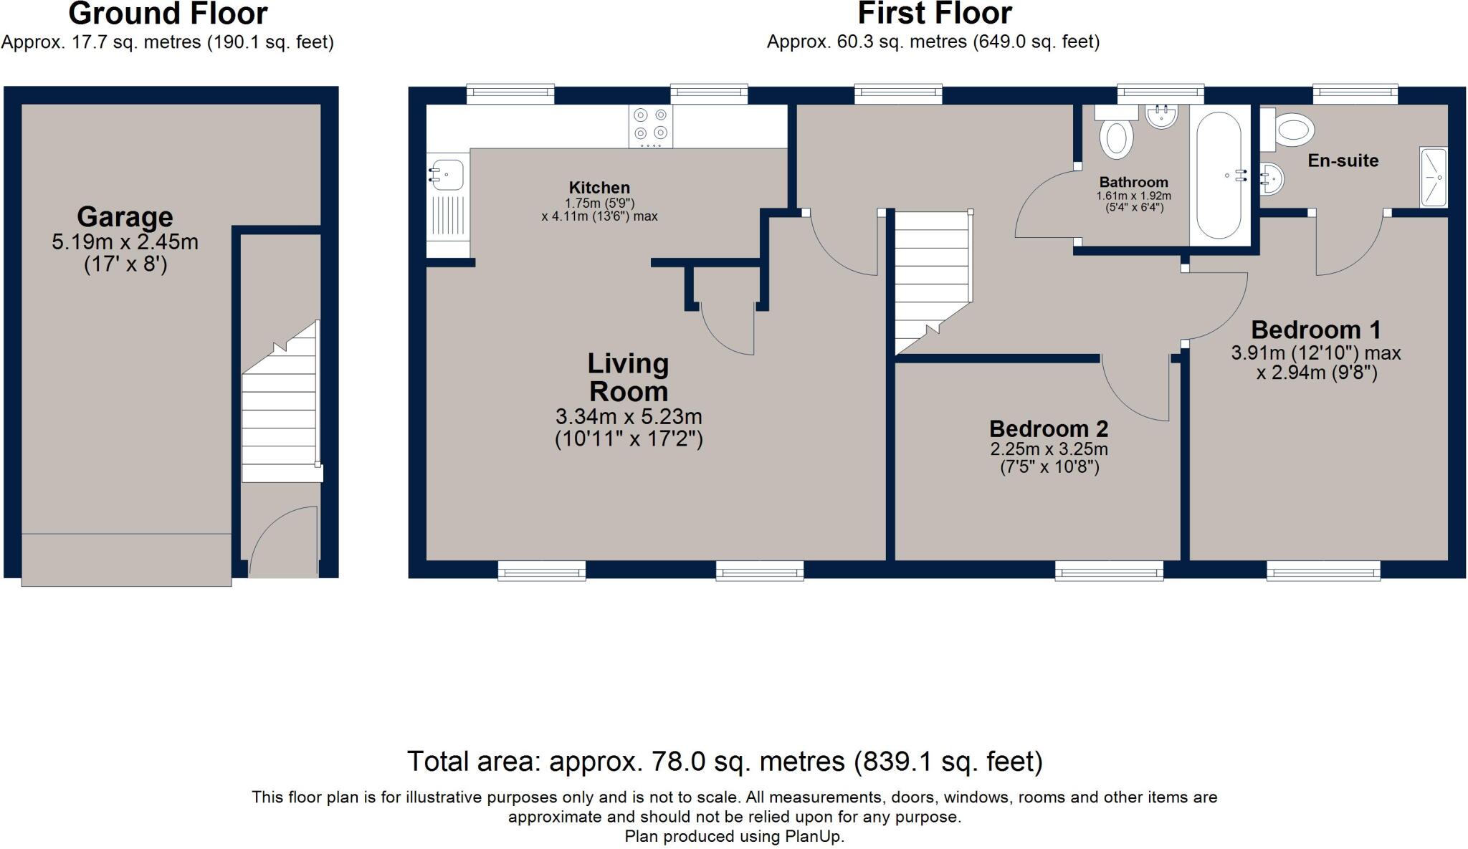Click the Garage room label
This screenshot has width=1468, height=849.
(125, 216)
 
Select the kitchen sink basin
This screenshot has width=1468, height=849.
(447, 174)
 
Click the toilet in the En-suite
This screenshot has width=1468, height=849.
(1294, 130)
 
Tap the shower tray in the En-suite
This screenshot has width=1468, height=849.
(1434, 177)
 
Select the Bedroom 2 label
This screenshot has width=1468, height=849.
(1049, 428)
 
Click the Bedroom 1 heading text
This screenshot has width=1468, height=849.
(1315, 330)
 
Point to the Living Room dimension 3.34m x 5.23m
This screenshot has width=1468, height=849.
(628, 416)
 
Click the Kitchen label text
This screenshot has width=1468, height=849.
(599, 188)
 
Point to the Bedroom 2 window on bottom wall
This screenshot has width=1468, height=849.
(1109, 571)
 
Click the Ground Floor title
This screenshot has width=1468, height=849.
(168, 14)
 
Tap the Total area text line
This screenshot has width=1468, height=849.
(724, 761)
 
